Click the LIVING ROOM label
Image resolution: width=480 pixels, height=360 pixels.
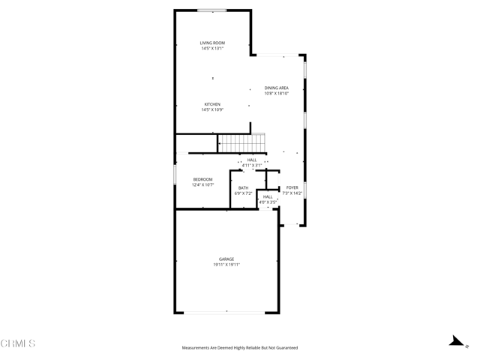click(x=212, y=43)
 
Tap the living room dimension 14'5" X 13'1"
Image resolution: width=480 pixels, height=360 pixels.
click(x=212, y=49)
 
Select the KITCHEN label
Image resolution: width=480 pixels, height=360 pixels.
click(x=212, y=104)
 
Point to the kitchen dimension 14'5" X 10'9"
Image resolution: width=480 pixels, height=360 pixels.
click(x=212, y=110)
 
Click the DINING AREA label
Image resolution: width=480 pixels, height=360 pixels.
click(x=277, y=88)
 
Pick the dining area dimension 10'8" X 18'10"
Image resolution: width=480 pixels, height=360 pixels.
click(x=277, y=94)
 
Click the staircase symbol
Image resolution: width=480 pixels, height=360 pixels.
click(x=242, y=142)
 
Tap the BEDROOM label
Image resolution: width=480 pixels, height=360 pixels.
click(x=203, y=179)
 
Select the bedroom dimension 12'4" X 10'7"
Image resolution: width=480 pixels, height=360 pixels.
click(x=203, y=184)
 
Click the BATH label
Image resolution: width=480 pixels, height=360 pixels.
click(x=244, y=188)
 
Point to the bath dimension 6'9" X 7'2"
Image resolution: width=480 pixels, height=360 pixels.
click(x=244, y=193)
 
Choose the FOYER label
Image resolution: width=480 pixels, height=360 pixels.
click(x=292, y=187)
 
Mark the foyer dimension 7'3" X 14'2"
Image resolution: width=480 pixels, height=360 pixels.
click(x=292, y=193)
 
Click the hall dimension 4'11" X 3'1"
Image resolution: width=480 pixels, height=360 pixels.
click(x=252, y=165)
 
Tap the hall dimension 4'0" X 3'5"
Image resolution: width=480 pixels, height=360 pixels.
click(x=268, y=202)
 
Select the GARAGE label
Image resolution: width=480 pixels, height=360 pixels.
click(x=226, y=259)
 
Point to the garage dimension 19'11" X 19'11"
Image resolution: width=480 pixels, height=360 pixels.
click(x=226, y=265)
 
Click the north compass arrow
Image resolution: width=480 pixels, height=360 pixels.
click(x=455, y=340)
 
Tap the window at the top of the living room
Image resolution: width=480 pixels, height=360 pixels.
click(x=212, y=10)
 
